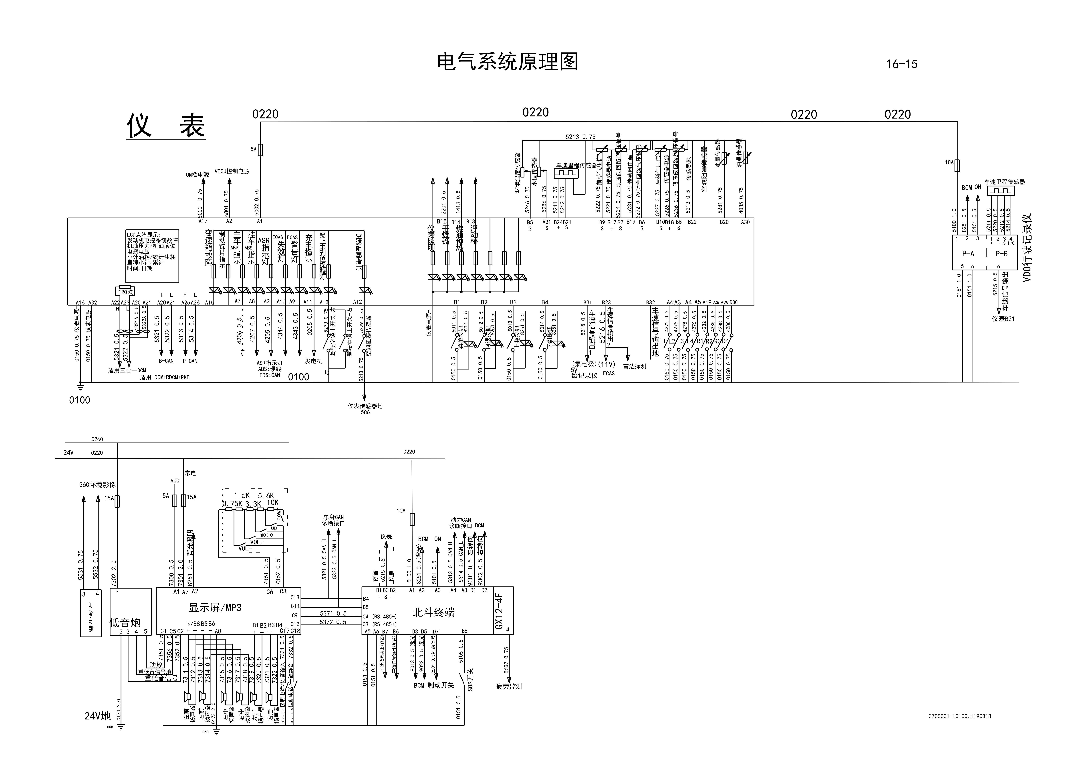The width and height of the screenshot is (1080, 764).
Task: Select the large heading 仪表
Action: pyautogui.click(x=166, y=126)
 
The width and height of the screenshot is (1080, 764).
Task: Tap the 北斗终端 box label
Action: pyautogui.click(x=433, y=612)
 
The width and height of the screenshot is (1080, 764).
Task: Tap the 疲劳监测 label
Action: pyautogui.click(x=509, y=686)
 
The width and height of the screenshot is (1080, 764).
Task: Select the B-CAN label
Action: pyautogui.click(x=166, y=361)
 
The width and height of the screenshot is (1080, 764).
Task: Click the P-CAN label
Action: pyautogui.click(x=190, y=361)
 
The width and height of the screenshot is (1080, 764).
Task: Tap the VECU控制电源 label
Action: pyautogui.click(x=232, y=171)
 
